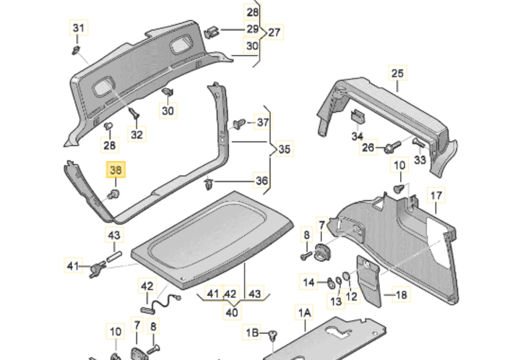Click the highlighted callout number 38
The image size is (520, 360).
point(116,171)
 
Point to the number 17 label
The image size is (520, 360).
point(435,196)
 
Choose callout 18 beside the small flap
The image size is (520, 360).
point(402,294)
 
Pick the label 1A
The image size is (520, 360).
point(304,312)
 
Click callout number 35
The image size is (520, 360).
point(285,150)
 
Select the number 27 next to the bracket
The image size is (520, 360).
point(274,33)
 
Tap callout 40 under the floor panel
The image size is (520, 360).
point(231,313)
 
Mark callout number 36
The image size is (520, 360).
point(261,181)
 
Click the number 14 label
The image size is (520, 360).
point(308,281)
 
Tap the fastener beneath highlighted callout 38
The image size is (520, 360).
point(114,195)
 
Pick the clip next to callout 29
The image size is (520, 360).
point(212,31)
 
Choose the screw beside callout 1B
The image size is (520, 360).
point(273,335)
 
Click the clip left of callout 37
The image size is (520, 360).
point(240,123)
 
